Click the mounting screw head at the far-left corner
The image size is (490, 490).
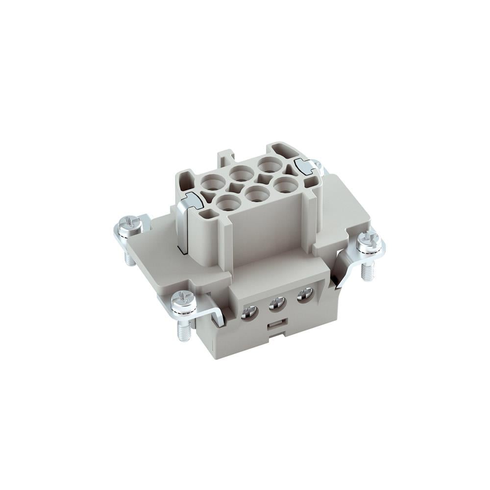pos(130,225)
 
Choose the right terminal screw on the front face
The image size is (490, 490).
pos(305,295)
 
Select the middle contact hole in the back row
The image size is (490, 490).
pos(241,173)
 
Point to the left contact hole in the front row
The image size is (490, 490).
pos(226,202)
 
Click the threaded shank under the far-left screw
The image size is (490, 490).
pos(129,257)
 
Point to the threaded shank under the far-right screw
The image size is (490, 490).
pos(367,271)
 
